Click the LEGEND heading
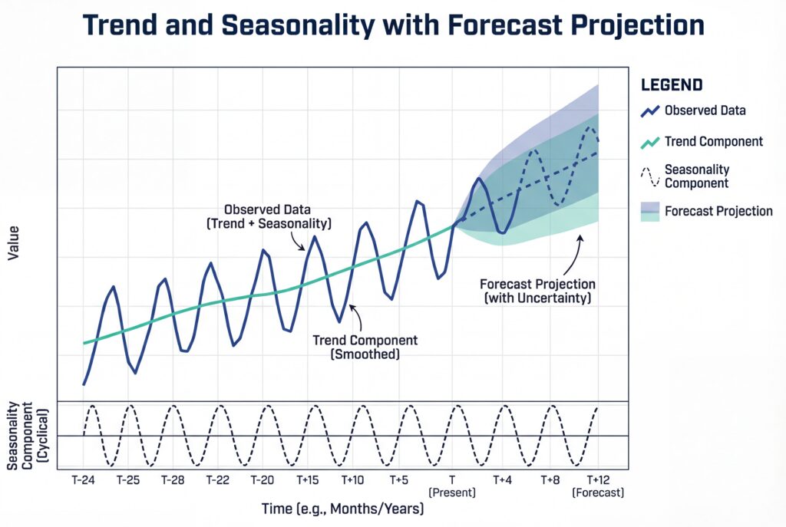click(x=672, y=84)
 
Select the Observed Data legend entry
click(x=705, y=110)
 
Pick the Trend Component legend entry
click(x=713, y=141)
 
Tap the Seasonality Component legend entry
click(x=696, y=176)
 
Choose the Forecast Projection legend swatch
click(x=650, y=211)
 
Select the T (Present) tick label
click(x=452, y=486)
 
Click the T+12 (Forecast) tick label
click(x=597, y=486)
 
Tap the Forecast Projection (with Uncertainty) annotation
click(x=537, y=290)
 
